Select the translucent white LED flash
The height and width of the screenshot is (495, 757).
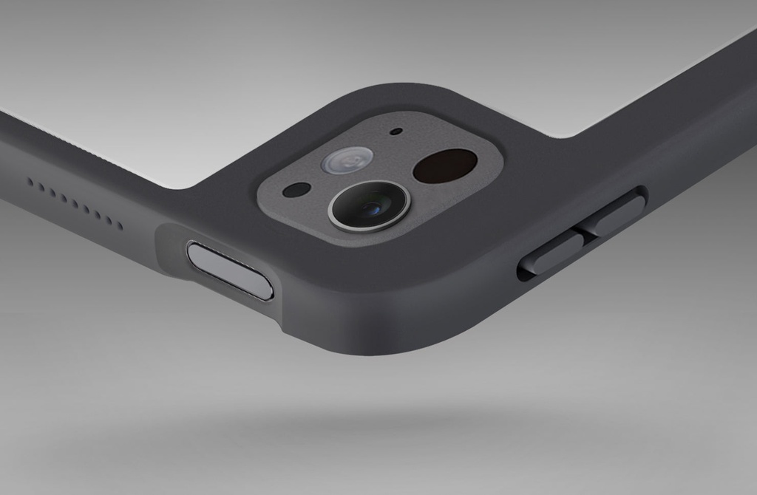tap(347, 160)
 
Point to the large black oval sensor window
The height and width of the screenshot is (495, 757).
tap(444, 165)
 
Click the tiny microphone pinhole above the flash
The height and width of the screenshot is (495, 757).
tap(396, 132)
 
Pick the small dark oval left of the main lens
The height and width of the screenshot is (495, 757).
tap(296, 190)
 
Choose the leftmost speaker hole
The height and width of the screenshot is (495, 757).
tap(30, 181)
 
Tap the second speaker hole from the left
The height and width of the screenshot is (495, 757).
tap(41, 187)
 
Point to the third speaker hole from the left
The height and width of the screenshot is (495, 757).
tap(52, 192)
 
